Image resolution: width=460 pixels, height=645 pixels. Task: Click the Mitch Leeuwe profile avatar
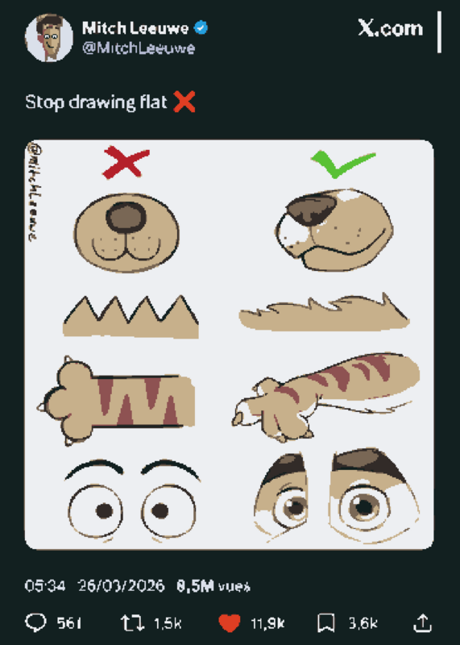(x=49, y=37)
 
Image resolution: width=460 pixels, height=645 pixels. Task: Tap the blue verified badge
(x=201, y=28)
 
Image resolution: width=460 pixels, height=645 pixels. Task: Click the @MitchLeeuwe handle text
(x=139, y=48)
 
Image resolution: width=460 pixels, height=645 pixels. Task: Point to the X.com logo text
(x=390, y=28)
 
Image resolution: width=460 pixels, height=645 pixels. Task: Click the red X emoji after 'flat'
(x=184, y=102)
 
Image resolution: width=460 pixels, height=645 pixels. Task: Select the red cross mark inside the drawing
(x=126, y=162)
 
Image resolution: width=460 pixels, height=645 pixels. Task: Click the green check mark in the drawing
(x=343, y=164)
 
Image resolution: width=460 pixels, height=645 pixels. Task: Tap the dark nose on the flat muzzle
(x=126, y=217)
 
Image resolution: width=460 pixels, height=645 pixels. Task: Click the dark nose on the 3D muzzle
(x=312, y=210)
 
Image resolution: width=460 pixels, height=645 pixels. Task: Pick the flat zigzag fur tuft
(x=131, y=318)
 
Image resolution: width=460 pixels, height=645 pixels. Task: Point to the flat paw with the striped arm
(x=116, y=401)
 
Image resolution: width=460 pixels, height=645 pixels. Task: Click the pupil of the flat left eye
(x=105, y=511)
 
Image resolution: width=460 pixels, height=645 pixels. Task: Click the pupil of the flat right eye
(x=160, y=511)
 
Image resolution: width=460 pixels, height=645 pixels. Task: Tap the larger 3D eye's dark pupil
(x=363, y=506)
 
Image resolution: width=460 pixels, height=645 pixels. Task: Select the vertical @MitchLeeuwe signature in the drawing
(x=34, y=192)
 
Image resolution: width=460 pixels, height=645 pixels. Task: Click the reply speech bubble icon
(x=35, y=622)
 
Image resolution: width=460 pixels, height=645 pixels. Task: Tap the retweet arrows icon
(x=132, y=622)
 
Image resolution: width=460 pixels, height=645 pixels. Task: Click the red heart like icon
(x=230, y=622)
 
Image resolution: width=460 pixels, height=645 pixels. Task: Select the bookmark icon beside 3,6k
(x=326, y=622)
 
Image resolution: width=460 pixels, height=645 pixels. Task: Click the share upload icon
(x=423, y=622)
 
